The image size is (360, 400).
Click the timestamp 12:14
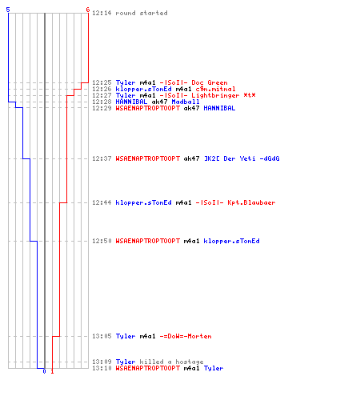coord(102,13)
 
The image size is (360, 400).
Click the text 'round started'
coord(142,13)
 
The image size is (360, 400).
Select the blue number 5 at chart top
coord(8,10)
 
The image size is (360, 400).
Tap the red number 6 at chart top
coord(88,10)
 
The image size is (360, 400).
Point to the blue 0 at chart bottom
coord(44,371)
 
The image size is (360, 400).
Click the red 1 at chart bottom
coord(52,371)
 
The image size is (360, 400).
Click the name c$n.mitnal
coord(215,89)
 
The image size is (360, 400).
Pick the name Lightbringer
coord(215,95)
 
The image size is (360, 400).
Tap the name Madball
coord(186,102)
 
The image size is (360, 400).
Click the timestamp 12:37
coord(102,158)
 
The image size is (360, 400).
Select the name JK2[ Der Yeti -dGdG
coord(242,158)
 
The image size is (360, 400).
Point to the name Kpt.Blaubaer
coord(251,202)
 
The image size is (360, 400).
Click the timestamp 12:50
coord(102,241)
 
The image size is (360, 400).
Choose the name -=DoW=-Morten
coord(186,336)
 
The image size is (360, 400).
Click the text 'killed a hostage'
coord(171,362)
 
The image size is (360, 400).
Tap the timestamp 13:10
coord(102,368)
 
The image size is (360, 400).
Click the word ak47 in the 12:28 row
coord(159,102)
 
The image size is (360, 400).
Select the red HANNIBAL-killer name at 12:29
coord(147,108)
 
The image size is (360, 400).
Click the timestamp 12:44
coord(102,202)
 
